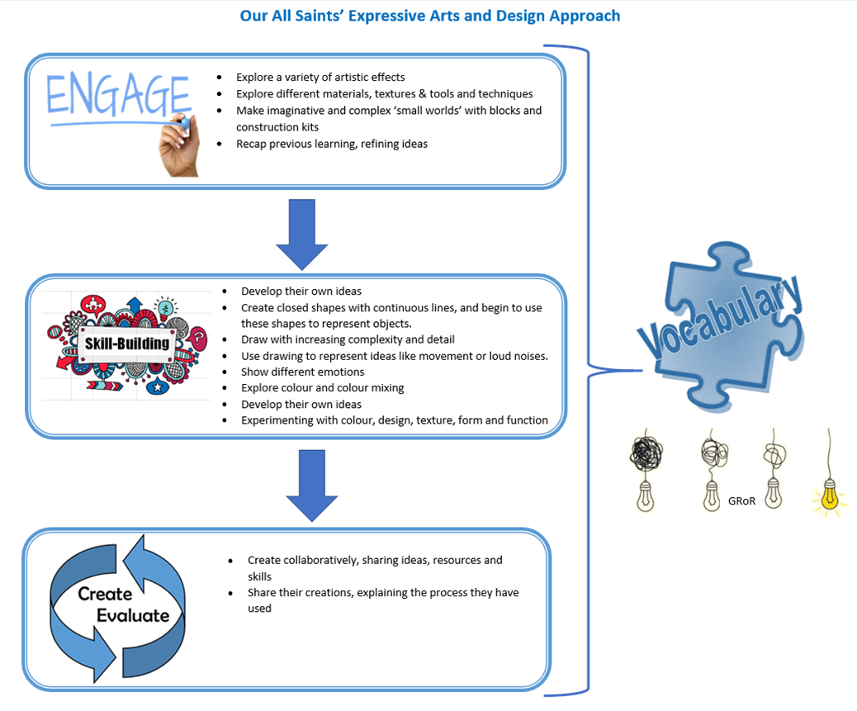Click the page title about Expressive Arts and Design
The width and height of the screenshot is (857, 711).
[430, 16]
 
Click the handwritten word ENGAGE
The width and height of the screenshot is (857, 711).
[119, 95]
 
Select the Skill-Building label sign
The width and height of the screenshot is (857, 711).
[127, 344]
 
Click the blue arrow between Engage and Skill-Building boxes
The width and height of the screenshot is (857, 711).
[301, 235]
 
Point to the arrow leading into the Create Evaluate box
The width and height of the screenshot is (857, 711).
[312, 486]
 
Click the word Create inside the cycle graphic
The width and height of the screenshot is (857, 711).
[105, 594]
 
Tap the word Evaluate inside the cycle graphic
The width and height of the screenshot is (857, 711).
[134, 615]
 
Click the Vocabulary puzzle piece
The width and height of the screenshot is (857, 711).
[722, 325]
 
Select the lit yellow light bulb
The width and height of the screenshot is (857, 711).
[830, 495]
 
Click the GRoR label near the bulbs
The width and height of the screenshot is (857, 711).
[741, 501]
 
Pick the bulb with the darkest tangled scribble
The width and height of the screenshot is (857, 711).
[646, 470]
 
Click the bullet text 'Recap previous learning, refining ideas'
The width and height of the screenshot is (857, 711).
[332, 144]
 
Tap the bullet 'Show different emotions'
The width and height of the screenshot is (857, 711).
[302, 372]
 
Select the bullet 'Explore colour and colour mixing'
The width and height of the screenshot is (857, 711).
[323, 388]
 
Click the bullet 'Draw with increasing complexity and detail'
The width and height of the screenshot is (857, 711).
[348, 339]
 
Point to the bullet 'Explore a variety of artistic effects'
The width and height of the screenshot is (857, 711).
[320, 77]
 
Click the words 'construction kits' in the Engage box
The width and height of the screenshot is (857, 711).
[277, 127]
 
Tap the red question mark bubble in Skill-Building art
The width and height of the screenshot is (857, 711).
[199, 339]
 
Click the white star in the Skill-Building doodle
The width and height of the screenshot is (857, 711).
[158, 387]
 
